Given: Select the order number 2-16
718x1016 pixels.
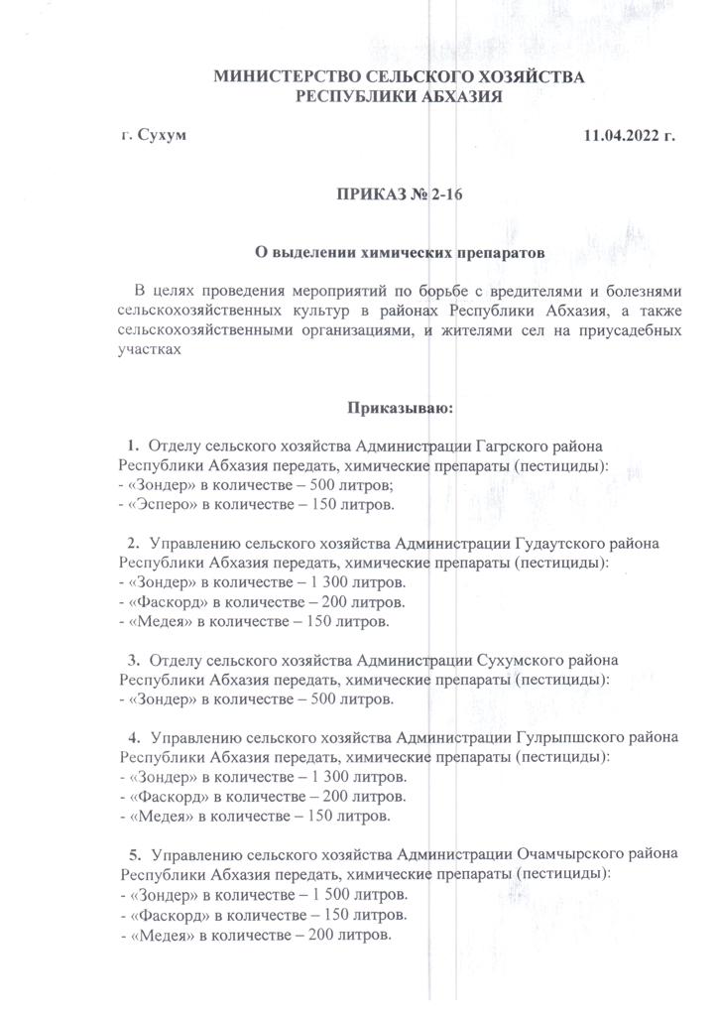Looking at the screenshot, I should tap(446, 195).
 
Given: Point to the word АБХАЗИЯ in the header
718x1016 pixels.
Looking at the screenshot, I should tap(458, 96).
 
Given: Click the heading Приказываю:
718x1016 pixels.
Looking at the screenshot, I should tap(401, 407).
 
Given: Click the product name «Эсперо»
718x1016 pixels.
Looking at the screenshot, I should tap(159, 504).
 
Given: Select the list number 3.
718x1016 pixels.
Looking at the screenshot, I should tap(133, 659).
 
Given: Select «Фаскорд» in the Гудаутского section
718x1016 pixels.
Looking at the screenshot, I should tap(163, 601).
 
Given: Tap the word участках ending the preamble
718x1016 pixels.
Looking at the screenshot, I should tap(149, 349).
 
